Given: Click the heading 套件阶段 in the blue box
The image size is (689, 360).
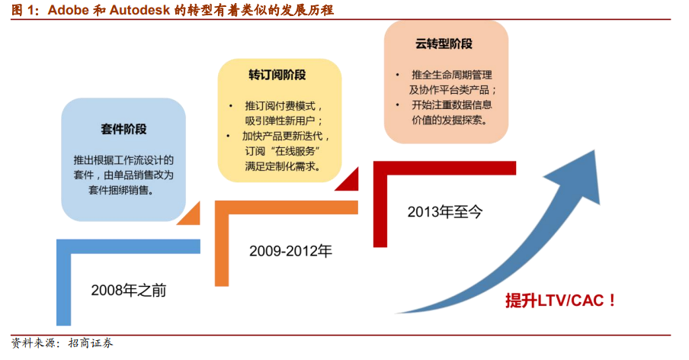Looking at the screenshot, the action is [123, 129].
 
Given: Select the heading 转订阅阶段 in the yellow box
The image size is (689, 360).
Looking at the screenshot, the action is [277, 76].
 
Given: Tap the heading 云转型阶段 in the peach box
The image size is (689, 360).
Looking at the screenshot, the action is [444, 44].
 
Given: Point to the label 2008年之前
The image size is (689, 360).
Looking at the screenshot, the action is [129, 290].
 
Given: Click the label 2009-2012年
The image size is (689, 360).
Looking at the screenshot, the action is [290, 251].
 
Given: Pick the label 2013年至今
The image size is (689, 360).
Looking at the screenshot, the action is [444, 212].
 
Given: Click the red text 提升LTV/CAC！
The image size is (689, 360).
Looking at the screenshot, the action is [560, 301].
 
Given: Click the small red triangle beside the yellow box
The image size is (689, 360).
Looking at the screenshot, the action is [347, 180].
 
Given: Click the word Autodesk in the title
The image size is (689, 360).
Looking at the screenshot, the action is [139, 10].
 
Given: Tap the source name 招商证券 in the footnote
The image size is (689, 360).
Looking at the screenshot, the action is [91, 343].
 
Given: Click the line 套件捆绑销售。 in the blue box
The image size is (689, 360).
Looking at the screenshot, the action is [121, 191].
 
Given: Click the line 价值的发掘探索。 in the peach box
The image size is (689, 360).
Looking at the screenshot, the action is [450, 120].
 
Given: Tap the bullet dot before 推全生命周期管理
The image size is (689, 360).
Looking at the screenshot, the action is [398, 76].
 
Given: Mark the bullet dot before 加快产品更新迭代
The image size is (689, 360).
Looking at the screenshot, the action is [228, 136].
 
